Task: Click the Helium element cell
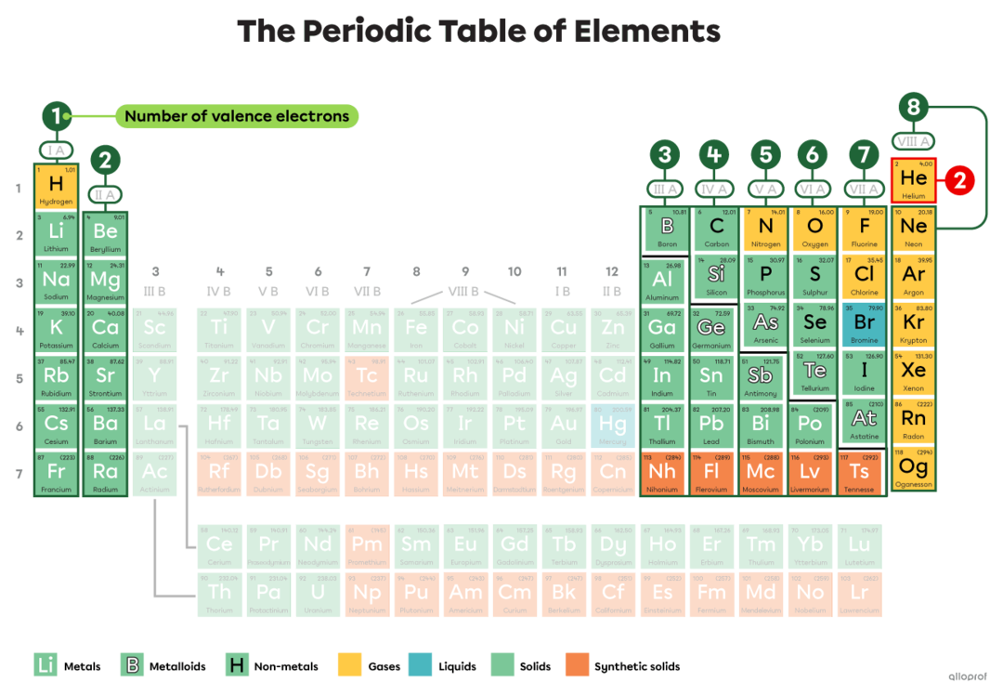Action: (914, 180)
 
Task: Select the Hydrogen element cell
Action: (57, 186)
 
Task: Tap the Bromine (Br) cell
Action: (864, 325)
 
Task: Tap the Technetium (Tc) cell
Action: (367, 374)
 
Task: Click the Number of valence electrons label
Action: (237, 116)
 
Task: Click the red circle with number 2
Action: (961, 181)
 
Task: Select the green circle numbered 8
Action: (913, 108)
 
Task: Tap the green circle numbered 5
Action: (764, 155)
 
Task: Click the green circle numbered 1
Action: (56, 116)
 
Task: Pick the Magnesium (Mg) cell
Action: (105, 281)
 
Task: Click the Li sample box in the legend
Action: (45, 665)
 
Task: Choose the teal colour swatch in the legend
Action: (421, 665)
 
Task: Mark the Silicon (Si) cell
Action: (716, 276)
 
